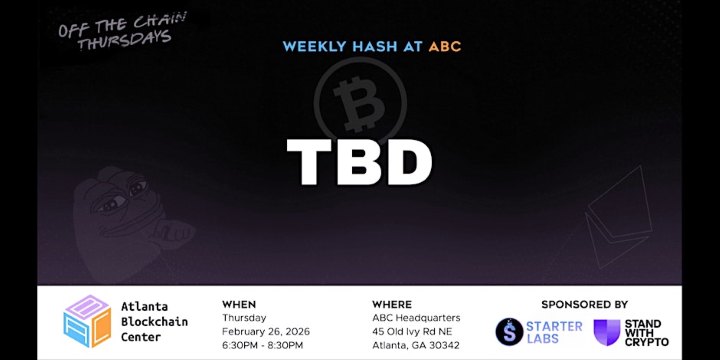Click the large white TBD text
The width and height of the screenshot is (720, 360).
pos(359,162)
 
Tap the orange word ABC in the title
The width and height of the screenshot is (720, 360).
pos(445,47)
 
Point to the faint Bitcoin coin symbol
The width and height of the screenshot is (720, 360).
pos(360,103)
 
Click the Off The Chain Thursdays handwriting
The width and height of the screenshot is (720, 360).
pos(123,32)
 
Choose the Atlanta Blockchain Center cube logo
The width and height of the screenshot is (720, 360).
pos(87,321)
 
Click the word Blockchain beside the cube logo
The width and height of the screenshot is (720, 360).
pos(154,322)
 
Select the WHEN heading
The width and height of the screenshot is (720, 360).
pos(239,305)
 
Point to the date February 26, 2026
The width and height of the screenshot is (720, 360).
pos(266,331)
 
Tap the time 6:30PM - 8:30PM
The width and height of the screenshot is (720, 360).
pos(262,345)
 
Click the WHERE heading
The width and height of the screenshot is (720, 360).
pos(392,305)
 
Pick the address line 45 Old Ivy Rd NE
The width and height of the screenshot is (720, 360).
pos(412,331)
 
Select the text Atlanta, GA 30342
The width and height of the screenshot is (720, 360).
pos(416,345)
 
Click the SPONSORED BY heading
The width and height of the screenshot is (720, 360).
pos(585,305)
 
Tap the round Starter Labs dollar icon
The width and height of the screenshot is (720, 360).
pos(509,332)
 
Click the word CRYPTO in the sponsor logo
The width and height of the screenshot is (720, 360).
pos(647,342)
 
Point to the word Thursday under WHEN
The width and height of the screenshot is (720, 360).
pos(244,318)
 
